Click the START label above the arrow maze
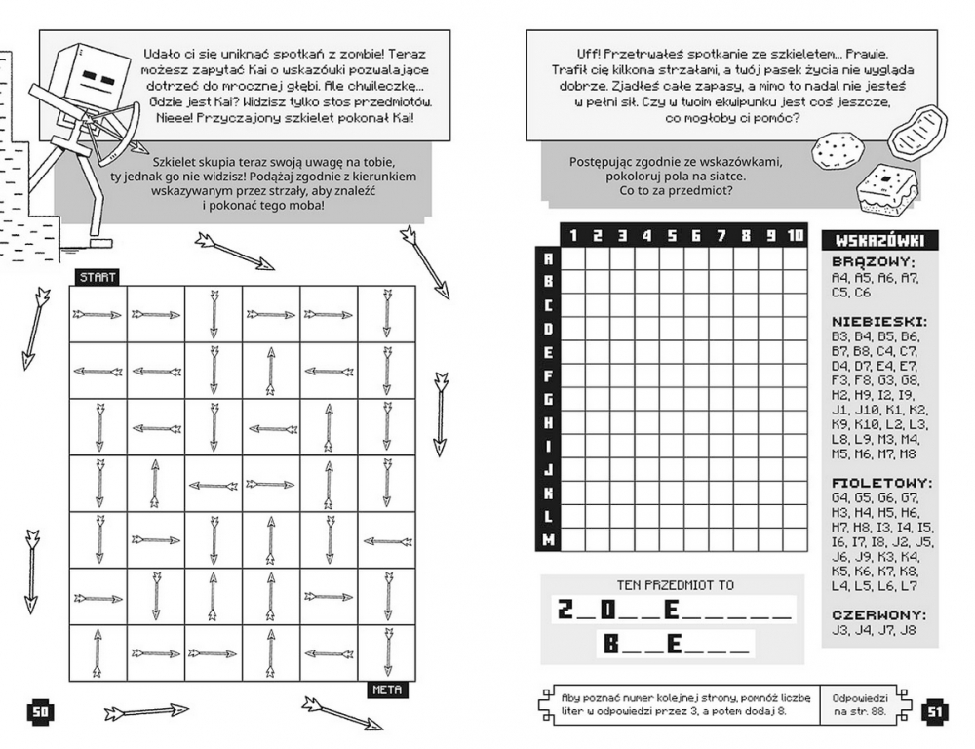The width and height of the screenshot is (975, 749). pos(97,277)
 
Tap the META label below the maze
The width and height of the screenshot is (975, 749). pos(387,690)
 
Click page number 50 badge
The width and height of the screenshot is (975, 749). pos(40,711)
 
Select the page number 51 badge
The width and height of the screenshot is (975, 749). pos(934,711)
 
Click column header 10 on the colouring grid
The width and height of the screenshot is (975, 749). pos(795,235)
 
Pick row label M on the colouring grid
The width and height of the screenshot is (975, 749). pos(547,539)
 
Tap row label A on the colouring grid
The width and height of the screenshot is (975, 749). pos(547,257)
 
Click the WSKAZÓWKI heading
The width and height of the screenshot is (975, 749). pos(880,241)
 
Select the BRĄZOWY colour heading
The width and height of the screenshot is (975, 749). pos(873,261)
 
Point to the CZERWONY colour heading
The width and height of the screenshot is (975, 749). pos(878,615)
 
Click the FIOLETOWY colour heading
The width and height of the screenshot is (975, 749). pos(881,482)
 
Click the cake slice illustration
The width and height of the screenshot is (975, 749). pos(888,189)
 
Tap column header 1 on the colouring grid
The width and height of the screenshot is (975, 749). pos(573,235)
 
